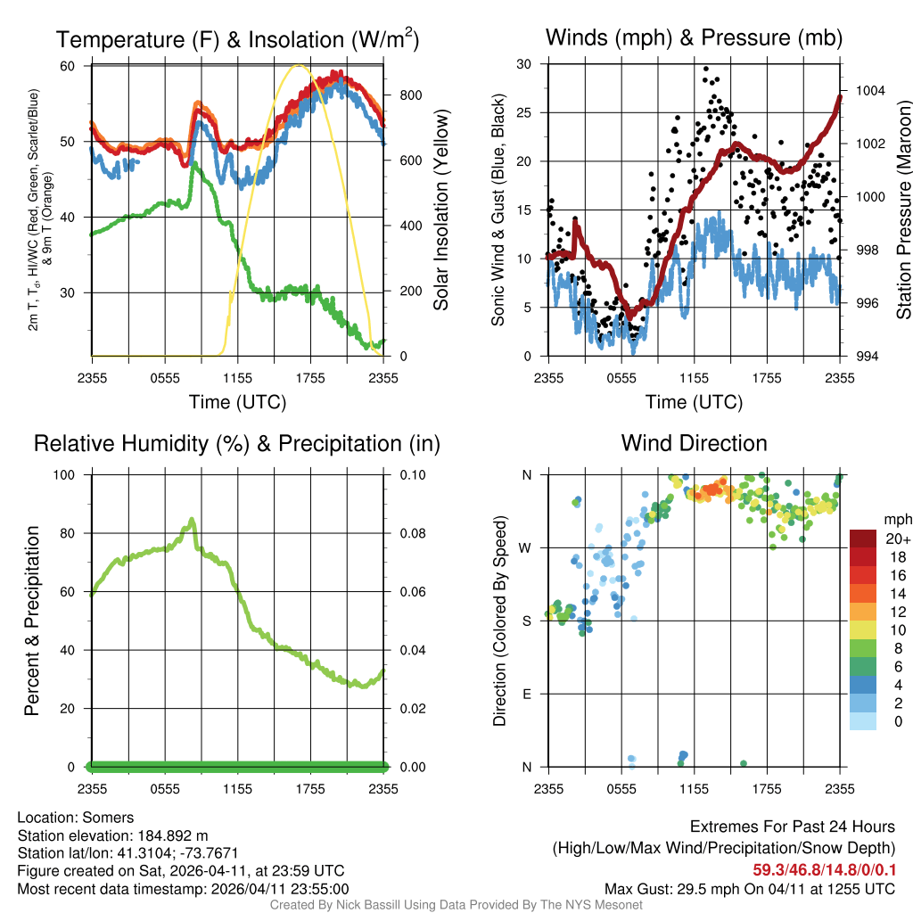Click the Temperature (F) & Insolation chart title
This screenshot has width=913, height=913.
237,39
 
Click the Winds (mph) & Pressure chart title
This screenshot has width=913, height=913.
694,37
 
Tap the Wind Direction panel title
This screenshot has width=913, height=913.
694,443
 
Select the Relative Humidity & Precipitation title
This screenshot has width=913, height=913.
237,443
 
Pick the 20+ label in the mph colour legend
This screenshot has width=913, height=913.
896,539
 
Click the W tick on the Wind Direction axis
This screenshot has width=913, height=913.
527,547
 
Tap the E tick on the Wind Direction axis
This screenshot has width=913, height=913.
527,694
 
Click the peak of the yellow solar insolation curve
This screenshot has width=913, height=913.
300,65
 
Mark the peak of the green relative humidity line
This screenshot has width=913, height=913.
191,520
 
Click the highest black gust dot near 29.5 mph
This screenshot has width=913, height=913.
705,69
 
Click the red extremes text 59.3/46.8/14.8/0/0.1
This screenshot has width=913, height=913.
824,869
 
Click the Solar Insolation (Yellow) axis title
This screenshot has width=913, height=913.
441,210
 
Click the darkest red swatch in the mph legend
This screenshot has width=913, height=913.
862,539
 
